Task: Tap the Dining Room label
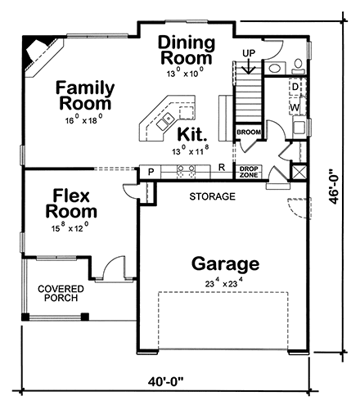pyautogui.click(x=187, y=50)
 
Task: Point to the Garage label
pyautogui.click(x=225, y=264)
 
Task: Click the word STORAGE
pyautogui.click(x=213, y=197)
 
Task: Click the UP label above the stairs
pyautogui.click(x=250, y=53)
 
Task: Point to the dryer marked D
pyautogui.click(x=295, y=86)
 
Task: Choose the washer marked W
pyautogui.click(x=295, y=106)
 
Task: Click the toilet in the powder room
pyautogui.click(x=298, y=66)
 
